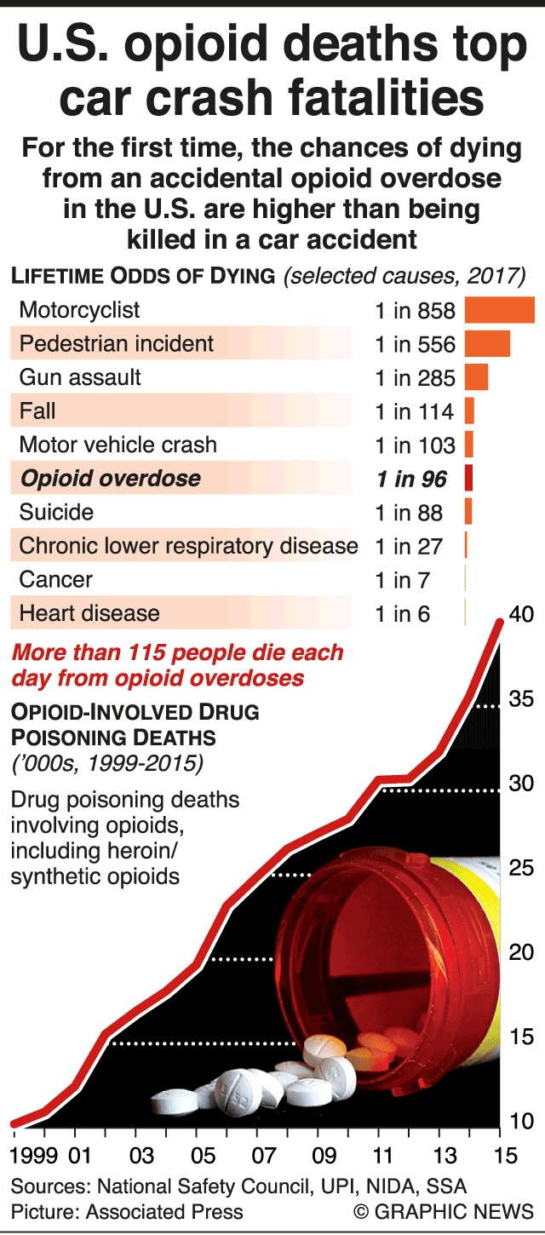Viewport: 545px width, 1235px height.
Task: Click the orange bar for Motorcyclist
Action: coord(499,310)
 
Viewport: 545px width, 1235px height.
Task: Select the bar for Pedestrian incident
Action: coord(487,344)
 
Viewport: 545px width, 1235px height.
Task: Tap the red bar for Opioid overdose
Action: coord(468,479)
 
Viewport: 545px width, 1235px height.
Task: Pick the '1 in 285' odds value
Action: coord(415,378)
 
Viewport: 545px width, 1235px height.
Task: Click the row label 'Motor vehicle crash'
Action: coord(118,445)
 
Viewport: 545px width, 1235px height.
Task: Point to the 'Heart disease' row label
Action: coord(89,613)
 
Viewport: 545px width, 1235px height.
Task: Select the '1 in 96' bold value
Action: coord(411,480)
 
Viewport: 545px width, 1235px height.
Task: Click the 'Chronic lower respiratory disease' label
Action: coord(188,546)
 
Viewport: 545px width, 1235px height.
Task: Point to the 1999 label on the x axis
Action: coord(34,1156)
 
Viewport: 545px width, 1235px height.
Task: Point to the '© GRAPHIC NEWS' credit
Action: coord(443,1212)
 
